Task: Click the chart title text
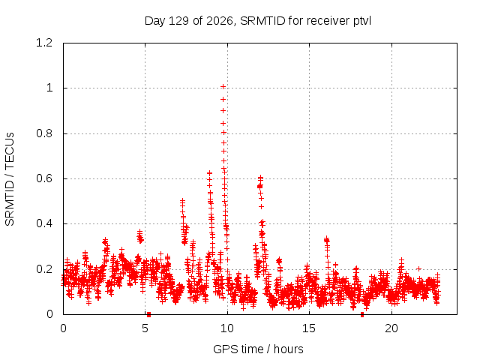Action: (258, 21)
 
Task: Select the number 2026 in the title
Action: (219, 21)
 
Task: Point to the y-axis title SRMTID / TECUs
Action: (10, 179)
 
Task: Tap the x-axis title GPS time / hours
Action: (258, 349)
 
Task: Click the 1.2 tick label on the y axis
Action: (44, 43)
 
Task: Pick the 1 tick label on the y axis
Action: (49, 88)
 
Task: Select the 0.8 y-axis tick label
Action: (44, 133)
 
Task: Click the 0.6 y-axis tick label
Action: (44, 178)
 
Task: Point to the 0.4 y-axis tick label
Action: (44, 223)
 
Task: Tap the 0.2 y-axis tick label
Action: (44, 269)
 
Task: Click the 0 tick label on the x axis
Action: (63, 328)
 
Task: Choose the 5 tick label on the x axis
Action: (145, 328)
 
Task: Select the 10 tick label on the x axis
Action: (227, 328)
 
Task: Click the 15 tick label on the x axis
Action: (309, 328)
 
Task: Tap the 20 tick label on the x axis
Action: (391, 328)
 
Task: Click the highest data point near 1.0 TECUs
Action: (223, 87)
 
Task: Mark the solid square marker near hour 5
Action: (148, 314)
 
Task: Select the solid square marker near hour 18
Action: (362, 314)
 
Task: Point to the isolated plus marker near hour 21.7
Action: (418, 268)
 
